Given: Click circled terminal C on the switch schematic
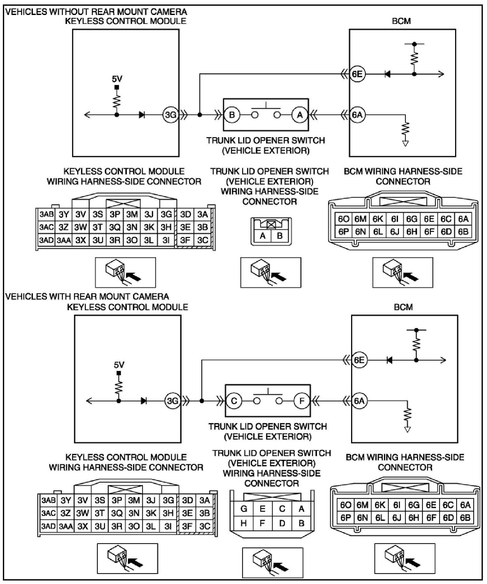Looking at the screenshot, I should [x=234, y=401].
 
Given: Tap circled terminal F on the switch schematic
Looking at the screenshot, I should [x=302, y=401].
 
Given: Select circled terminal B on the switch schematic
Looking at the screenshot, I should [x=232, y=115].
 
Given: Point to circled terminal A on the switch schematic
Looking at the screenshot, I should [x=300, y=115].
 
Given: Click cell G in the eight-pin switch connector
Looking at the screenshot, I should [x=244, y=508].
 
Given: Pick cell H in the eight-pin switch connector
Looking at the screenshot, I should [x=244, y=523].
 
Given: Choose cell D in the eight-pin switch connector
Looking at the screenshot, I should [x=282, y=523].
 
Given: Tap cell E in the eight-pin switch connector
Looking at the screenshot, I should [x=263, y=508].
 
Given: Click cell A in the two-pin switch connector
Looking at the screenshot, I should [x=263, y=236].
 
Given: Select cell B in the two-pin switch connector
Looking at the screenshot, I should [x=280, y=236].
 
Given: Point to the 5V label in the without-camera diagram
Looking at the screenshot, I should [x=117, y=79].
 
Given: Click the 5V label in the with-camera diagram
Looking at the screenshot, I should [x=119, y=365].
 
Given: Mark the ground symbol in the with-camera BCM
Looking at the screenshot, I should [x=408, y=429].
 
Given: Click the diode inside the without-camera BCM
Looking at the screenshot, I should [x=388, y=74].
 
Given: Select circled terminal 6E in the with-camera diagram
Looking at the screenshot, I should [x=359, y=360].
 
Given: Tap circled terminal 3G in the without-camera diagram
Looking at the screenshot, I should [x=170, y=115].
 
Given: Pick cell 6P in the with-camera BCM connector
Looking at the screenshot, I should [x=346, y=518].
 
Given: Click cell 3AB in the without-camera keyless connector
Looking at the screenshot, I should [x=46, y=214].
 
